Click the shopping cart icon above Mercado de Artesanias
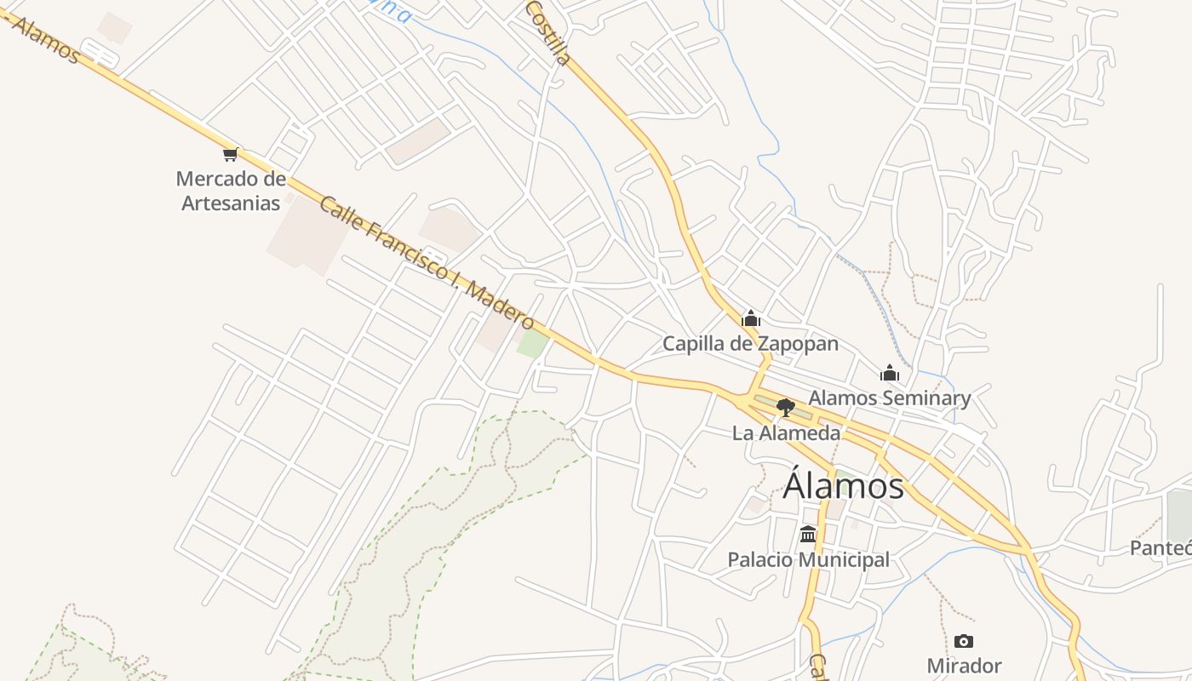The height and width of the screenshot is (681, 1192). click(230, 154)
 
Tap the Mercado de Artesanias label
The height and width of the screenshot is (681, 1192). click(231, 191)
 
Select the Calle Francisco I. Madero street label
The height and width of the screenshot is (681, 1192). click(427, 263)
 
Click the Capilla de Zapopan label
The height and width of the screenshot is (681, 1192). click(750, 344)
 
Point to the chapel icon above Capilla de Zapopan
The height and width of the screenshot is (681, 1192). click(750, 318)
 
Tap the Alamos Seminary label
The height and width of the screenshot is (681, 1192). click(889, 398)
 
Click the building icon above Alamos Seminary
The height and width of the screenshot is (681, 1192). click(890, 373)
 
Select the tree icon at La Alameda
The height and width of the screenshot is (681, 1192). click(786, 408)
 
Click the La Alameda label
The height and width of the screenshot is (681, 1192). click(786, 433)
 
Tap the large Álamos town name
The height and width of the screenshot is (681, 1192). click(843, 486)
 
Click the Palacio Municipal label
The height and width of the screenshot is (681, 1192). click(808, 559)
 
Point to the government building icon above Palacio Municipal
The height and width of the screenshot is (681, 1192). click(808, 535)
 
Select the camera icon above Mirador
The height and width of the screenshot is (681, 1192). click(964, 641)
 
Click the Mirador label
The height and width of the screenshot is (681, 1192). click(964, 666)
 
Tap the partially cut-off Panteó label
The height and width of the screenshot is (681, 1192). click(1161, 547)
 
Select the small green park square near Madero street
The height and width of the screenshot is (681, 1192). click(533, 344)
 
